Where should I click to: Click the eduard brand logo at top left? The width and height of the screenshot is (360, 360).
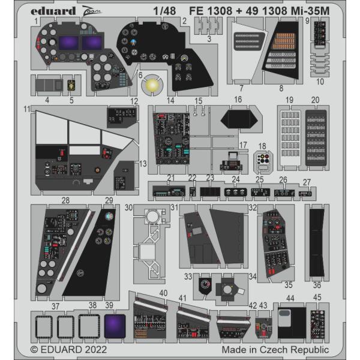[x=53, y=11]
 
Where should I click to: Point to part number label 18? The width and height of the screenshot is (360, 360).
[x=262, y=146]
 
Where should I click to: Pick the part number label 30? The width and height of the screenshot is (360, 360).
[x=128, y=208]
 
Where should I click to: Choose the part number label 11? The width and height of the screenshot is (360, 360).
[x=27, y=110]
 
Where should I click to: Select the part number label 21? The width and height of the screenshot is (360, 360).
[x=171, y=178]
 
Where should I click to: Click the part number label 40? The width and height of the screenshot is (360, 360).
[x=163, y=293]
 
